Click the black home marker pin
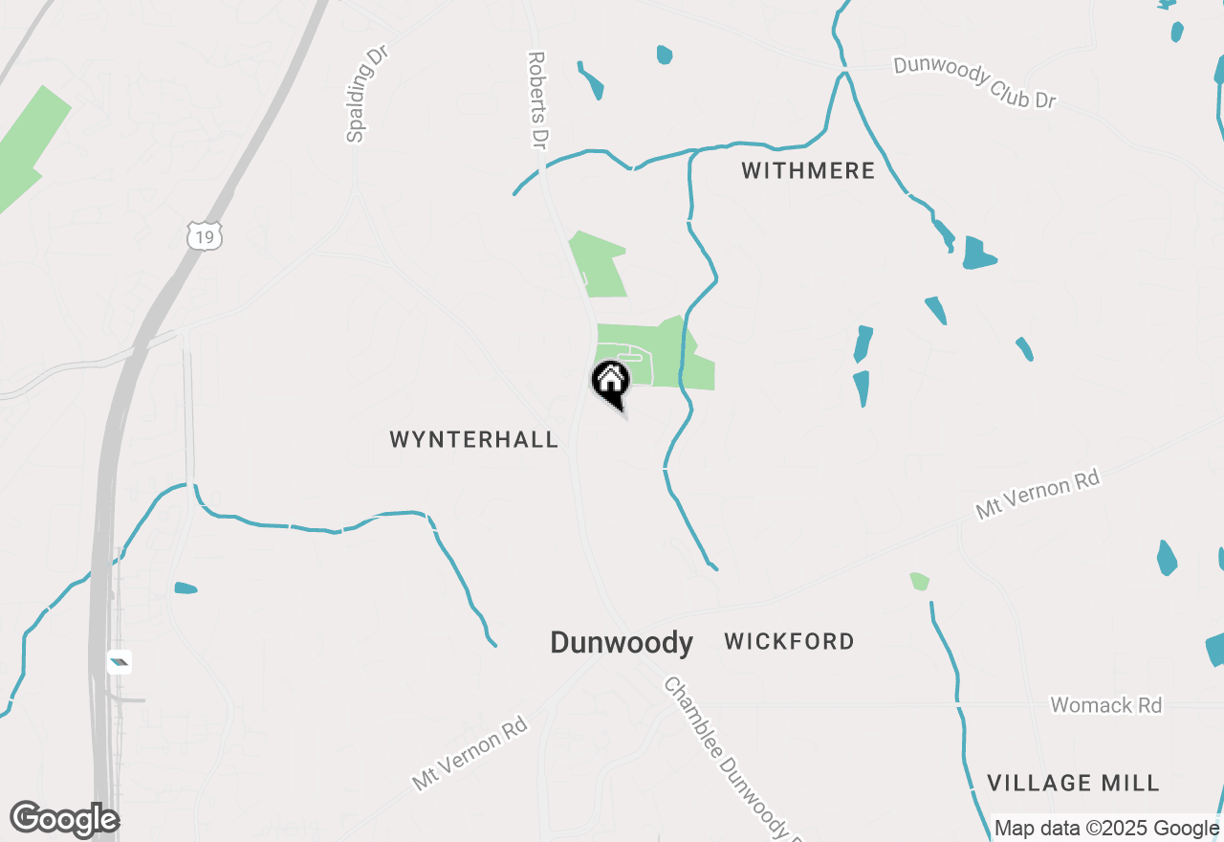click(610, 382)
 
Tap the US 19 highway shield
click(205, 234)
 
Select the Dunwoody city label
click(622, 643)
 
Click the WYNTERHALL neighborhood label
click(473, 440)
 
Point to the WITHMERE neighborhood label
click(808, 171)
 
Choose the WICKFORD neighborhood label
click(789, 641)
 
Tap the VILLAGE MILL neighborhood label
click(1073, 784)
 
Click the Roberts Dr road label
click(536, 100)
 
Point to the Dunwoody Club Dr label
click(974, 81)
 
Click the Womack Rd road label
click(1106, 706)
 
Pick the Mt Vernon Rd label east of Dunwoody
click(1038, 494)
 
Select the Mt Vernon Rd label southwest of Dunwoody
click(470, 753)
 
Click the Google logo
click(64, 820)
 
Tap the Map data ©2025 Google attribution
click(1107, 829)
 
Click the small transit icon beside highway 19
click(120, 661)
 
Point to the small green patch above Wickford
click(919, 581)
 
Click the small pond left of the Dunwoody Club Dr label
click(665, 55)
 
